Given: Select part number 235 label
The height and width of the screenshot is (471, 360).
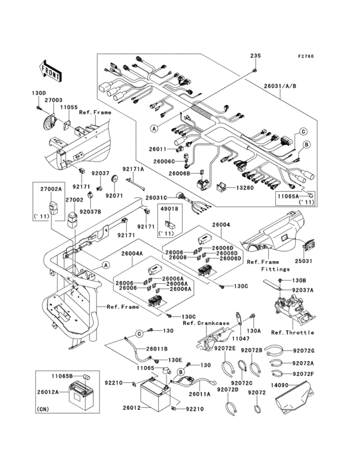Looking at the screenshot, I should click(x=256, y=57).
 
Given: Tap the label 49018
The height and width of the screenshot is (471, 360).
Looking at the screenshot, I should click(x=170, y=210).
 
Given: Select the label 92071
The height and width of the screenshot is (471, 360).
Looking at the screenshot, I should click(x=114, y=195).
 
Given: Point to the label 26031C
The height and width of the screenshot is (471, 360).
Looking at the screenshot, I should click(x=156, y=198).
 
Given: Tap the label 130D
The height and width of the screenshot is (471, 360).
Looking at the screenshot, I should click(x=39, y=93).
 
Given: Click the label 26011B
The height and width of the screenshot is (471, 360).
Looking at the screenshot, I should click(x=157, y=349).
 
